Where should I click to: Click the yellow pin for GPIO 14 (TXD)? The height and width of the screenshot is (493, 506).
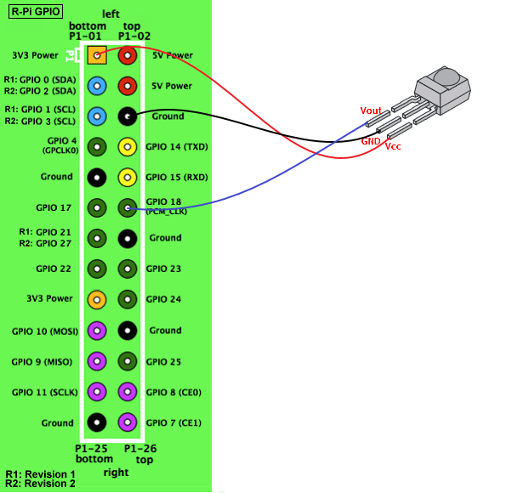coord(127,147)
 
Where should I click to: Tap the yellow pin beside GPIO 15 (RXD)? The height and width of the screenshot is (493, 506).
coord(127,178)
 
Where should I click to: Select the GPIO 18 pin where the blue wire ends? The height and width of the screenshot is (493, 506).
coord(127,207)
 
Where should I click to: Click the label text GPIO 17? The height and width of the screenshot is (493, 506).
coord(54,207)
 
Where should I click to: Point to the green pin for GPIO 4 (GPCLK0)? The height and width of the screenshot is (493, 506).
coord(96,146)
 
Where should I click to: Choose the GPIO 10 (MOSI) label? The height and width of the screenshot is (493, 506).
coord(42,331)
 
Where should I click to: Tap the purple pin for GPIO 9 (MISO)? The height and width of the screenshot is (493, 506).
coord(96,361)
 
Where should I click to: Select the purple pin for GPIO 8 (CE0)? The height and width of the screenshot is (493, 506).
coord(127,392)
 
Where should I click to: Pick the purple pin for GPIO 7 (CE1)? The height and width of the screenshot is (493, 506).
coord(127,422)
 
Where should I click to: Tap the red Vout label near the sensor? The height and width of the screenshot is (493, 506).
coord(371,110)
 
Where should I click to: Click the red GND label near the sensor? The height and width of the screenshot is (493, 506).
coord(371,141)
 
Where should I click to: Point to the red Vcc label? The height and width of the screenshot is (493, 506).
coord(394,147)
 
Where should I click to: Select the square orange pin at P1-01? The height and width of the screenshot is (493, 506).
coord(97,55)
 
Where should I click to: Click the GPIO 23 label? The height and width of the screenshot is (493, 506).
coord(163,269)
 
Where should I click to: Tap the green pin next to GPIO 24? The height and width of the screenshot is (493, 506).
coord(127,299)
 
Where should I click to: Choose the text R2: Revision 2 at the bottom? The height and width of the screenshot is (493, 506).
coord(40,484)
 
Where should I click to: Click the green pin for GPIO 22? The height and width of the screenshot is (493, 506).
coord(96,269)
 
